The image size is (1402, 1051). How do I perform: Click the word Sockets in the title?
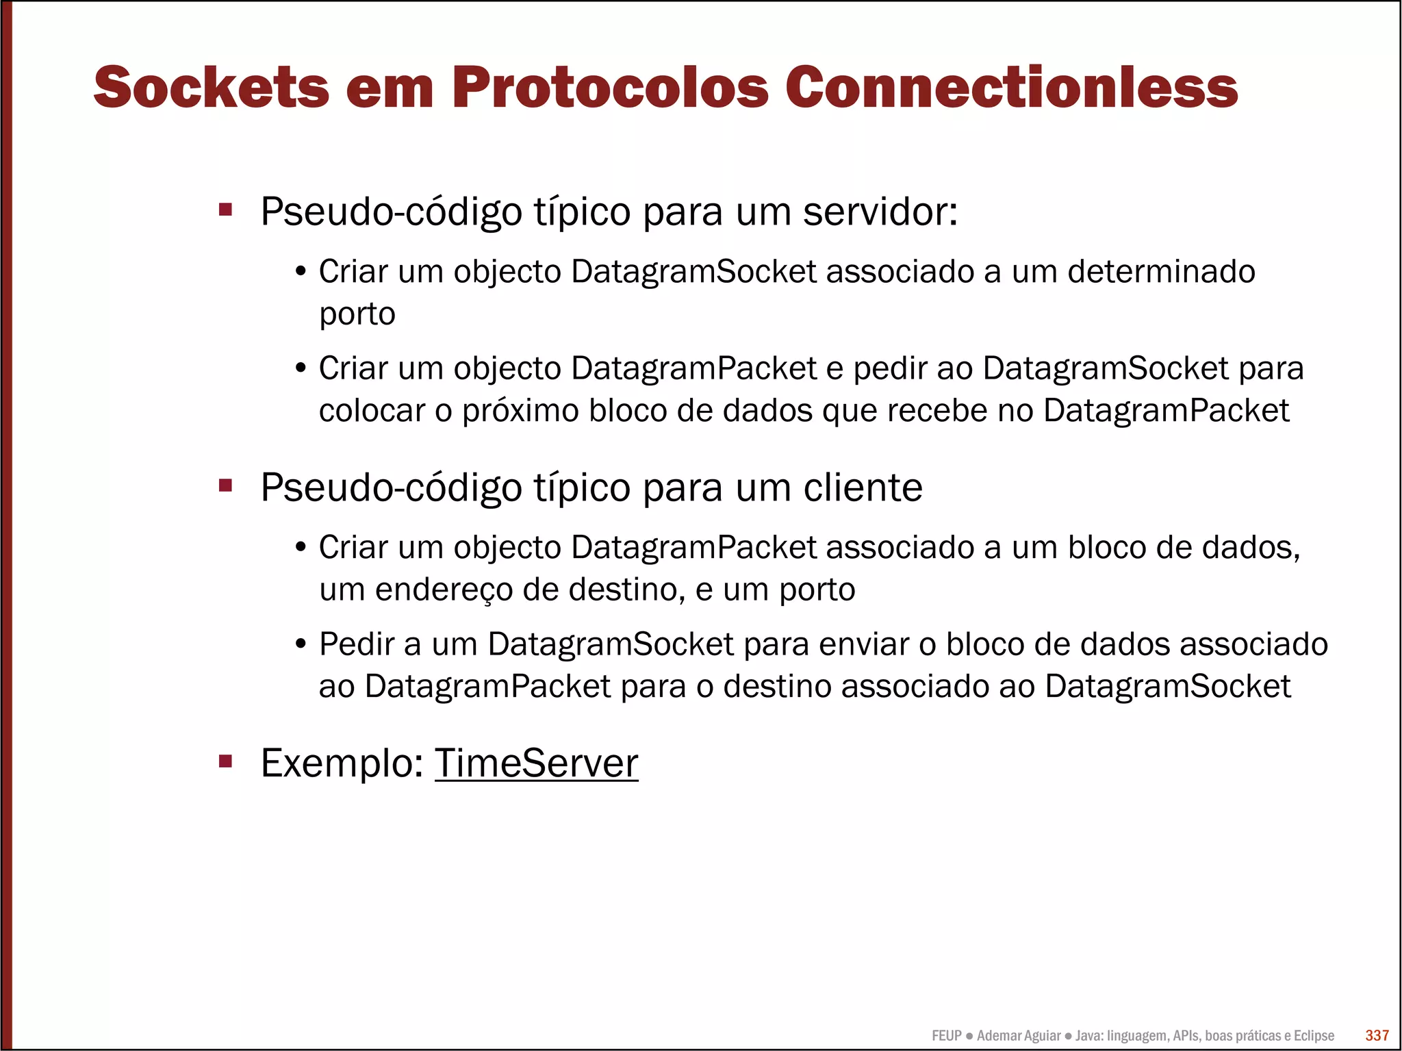point(212,88)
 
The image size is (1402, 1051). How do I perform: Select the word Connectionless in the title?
point(1011,88)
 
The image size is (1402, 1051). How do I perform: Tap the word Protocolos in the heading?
point(610,88)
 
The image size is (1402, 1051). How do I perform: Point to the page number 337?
point(1377,1035)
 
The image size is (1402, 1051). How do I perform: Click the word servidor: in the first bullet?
point(880,212)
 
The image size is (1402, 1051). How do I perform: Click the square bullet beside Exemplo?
point(225,761)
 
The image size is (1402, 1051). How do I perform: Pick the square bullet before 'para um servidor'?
point(225,210)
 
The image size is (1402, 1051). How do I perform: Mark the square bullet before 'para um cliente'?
point(225,485)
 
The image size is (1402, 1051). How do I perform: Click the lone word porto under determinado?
point(357,315)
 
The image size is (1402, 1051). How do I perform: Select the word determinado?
point(1161,272)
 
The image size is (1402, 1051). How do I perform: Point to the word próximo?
point(520,411)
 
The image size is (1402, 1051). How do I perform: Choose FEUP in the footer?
point(947,1035)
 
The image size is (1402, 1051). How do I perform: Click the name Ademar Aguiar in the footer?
point(1019,1035)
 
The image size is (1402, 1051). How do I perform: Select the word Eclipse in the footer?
point(1314,1035)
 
